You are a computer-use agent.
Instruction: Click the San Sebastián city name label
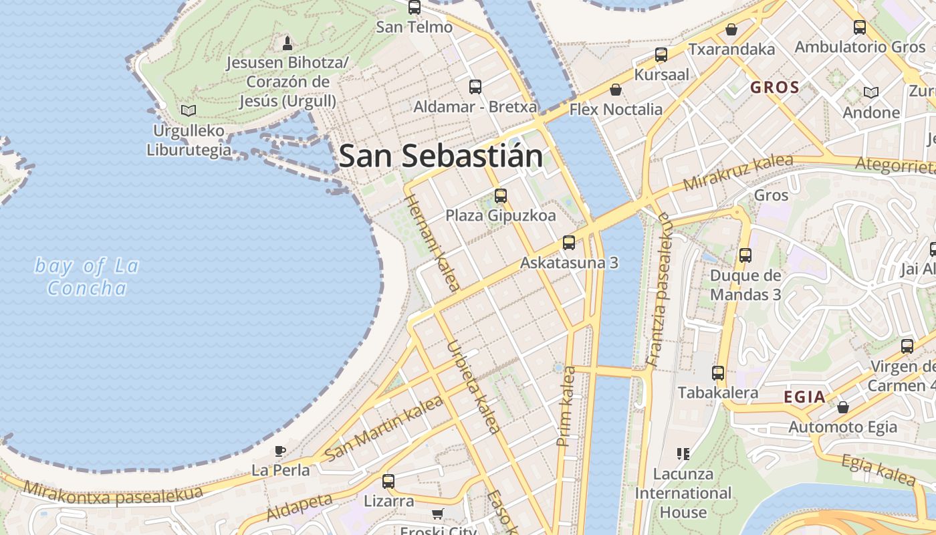(441, 156)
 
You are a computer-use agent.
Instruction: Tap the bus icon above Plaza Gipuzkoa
(501, 196)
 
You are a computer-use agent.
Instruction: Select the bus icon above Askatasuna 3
(569, 243)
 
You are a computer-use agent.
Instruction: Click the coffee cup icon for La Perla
(280, 451)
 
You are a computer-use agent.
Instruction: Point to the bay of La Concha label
(87, 277)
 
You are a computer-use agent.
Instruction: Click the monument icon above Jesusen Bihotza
(287, 43)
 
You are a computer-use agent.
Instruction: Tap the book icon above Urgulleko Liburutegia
(189, 110)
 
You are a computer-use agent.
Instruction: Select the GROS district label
(775, 88)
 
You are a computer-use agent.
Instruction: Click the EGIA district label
(804, 397)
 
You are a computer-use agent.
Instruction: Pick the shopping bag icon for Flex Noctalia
(615, 90)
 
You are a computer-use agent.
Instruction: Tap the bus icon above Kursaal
(661, 55)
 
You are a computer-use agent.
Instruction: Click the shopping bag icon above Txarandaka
(731, 29)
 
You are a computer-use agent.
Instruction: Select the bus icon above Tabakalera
(718, 373)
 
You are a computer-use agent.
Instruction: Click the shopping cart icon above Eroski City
(438, 514)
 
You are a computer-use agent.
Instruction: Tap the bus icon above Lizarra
(388, 481)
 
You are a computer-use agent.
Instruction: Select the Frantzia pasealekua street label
(659, 290)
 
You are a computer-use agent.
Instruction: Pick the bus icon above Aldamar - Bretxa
(475, 87)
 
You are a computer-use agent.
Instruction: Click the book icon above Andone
(870, 92)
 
